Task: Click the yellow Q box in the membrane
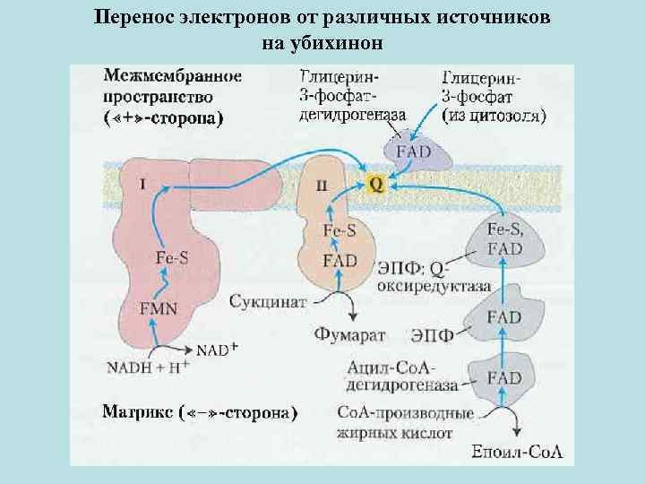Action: pyautogui.click(x=377, y=184)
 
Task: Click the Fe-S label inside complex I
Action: pyautogui.click(x=172, y=257)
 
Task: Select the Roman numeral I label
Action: pyautogui.click(x=142, y=185)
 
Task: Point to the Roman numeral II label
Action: pyautogui.click(x=321, y=186)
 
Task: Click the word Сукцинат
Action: pyautogui.click(x=267, y=300)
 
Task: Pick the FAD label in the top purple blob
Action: pyautogui.click(x=413, y=151)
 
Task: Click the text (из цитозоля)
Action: pyautogui.click(x=495, y=115)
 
